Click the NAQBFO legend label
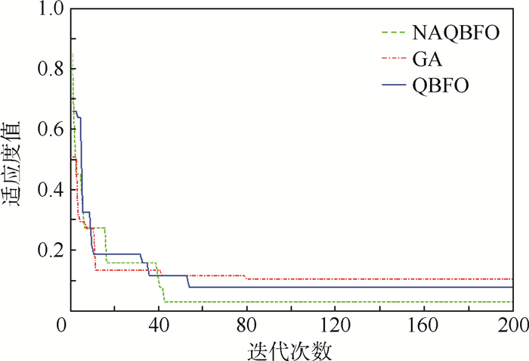pyautogui.click(x=456, y=33)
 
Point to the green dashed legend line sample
pyautogui.click(x=393, y=33)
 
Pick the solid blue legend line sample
pyautogui.click(x=393, y=84)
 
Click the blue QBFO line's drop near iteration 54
pyautogui.click(x=188, y=282)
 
